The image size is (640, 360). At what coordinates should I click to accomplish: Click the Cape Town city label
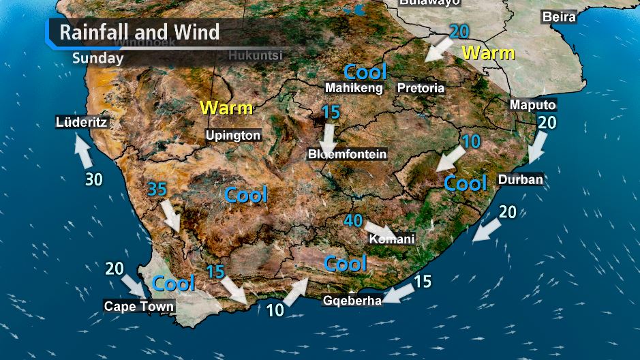[x=139, y=307]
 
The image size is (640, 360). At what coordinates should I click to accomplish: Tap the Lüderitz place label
[x=82, y=123]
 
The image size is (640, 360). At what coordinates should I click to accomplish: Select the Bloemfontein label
[x=347, y=155]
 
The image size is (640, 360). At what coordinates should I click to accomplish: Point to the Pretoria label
[x=421, y=88]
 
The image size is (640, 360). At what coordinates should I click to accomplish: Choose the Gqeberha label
[x=352, y=301]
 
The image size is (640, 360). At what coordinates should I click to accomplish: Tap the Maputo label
[x=533, y=105]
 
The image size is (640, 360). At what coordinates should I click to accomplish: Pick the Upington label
[x=233, y=136]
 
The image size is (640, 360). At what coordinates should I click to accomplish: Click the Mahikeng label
[x=354, y=88]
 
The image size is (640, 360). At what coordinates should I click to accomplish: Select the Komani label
[x=391, y=240]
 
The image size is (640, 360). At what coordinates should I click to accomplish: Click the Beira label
[x=559, y=16]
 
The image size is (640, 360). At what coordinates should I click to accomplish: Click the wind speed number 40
[x=352, y=221]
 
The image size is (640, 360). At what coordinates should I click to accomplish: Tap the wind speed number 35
[x=157, y=189]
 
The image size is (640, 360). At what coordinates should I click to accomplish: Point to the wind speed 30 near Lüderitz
[x=93, y=179]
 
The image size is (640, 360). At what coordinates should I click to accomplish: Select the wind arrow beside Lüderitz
[x=83, y=151]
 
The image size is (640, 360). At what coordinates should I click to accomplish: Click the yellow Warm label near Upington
[x=226, y=108]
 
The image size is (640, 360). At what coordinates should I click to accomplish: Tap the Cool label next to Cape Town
[x=173, y=283]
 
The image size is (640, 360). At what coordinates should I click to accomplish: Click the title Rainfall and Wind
[x=140, y=32]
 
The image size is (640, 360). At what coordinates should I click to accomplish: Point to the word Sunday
[x=97, y=58]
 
